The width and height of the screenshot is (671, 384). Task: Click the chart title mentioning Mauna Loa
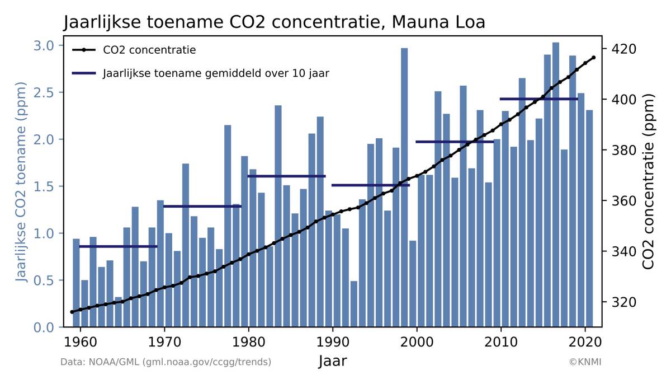274,22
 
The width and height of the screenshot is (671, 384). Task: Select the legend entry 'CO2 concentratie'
149,50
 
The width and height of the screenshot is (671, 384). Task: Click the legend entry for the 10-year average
216,73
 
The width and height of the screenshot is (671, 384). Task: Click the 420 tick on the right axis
621,49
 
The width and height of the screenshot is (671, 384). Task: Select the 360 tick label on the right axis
621,200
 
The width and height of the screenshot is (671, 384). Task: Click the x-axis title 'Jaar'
333,361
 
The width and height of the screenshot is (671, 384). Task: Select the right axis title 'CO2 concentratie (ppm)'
648,182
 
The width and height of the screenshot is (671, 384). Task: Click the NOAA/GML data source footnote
166,362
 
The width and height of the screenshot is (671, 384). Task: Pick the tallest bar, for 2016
556,185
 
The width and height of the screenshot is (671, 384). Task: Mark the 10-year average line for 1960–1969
118,246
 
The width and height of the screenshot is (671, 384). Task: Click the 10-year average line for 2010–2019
539,99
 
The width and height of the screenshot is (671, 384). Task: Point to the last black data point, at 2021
594,58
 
